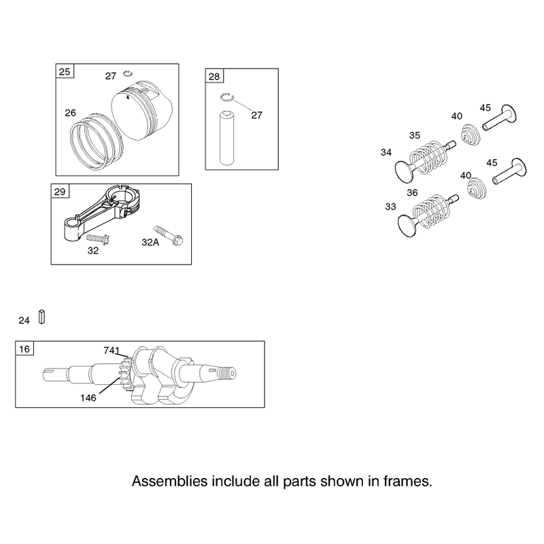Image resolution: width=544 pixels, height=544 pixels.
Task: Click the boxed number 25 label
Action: [65, 71]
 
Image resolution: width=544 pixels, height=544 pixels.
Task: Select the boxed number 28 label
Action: [214, 76]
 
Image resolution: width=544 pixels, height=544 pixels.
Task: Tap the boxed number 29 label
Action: [60, 192]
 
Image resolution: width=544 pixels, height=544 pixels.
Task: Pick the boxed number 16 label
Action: [24, 349]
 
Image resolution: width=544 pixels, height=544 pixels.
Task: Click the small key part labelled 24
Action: [41, 317]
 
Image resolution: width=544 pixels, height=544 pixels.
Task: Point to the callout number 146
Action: [88, 398]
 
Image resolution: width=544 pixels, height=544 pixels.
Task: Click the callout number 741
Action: [112, 350]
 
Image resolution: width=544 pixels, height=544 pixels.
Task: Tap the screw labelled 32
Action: [98, 239]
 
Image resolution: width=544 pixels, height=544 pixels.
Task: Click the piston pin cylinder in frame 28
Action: [227, 138]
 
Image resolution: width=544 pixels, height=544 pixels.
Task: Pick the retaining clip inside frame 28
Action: [228, 97]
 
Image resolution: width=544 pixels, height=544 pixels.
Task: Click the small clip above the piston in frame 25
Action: [128, 73]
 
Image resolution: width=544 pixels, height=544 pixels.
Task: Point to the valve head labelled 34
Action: [404, 172]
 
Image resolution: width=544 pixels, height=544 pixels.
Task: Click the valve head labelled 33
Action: [407, 226]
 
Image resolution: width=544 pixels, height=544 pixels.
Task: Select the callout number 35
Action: [415, 135]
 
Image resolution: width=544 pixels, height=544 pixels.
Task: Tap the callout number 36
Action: [412, 192]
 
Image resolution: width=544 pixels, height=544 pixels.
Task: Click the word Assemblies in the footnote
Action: [170, 481]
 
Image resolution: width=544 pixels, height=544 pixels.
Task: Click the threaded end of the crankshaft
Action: [227, 373]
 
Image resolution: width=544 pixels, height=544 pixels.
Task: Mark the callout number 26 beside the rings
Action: [71, 113]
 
